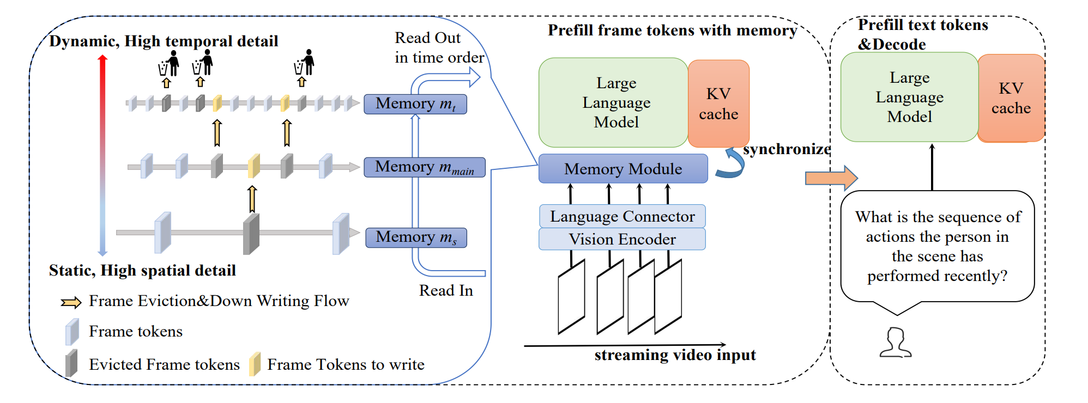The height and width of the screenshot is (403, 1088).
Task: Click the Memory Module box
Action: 622,169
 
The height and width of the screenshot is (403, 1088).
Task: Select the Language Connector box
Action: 622,216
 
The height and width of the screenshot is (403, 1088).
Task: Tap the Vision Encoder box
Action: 622,239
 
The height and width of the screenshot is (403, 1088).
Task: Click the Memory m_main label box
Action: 424,167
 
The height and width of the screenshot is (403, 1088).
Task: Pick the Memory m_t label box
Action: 415,103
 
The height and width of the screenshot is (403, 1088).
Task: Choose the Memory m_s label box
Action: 416,237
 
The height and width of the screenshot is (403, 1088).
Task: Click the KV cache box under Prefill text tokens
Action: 1011,98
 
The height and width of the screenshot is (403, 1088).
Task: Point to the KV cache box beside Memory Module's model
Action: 718,103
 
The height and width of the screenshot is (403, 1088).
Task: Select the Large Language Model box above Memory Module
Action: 613,102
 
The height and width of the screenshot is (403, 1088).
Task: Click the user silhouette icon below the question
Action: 895,343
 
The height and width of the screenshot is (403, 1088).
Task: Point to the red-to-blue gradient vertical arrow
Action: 102,155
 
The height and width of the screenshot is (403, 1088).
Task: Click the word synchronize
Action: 787,149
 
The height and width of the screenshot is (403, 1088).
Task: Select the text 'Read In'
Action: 446,290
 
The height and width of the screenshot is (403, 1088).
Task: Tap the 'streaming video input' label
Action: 675,355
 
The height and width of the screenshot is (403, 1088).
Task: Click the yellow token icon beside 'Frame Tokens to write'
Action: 255,364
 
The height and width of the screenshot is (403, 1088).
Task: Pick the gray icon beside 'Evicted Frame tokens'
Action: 71,364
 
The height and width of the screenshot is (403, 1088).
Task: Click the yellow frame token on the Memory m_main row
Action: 253,166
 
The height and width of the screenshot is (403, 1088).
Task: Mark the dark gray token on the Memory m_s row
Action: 251,234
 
